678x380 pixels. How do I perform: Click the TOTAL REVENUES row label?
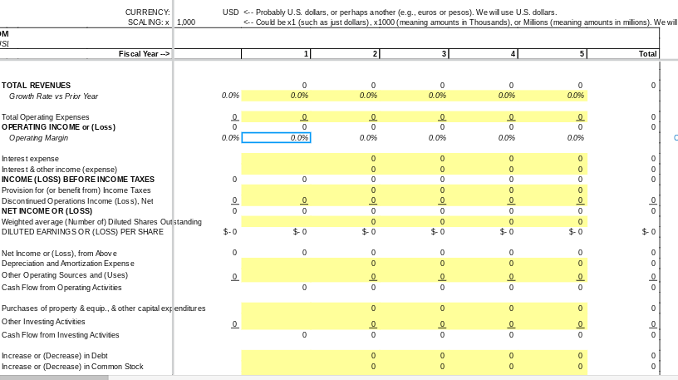(x=37, y=86)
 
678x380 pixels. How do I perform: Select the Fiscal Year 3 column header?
(x=415, y=54)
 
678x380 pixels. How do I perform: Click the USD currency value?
(x=231, y=12)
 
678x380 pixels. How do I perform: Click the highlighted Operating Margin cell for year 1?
(x=277, y=138)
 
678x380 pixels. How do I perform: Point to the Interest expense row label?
(x=31, y=159)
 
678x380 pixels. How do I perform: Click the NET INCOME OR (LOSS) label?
(x=47, y=211)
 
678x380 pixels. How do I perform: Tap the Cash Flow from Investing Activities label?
(x=61, y=335)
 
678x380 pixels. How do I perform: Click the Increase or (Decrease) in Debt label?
(x=55, y=356)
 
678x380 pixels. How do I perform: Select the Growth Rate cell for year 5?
(x=553, y=96)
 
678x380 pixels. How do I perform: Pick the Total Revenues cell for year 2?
(x=346, y=86)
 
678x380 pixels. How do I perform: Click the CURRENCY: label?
(x=148, y=12)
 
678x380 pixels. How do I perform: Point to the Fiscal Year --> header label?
(x=145, y=54)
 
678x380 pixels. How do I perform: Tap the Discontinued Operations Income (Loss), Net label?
(x=77, y=201)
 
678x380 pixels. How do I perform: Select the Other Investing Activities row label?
(x=43, y=322)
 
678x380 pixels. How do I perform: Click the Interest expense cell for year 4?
(x=484, y=159)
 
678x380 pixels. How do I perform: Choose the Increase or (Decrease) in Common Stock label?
(x=72, y=367)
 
